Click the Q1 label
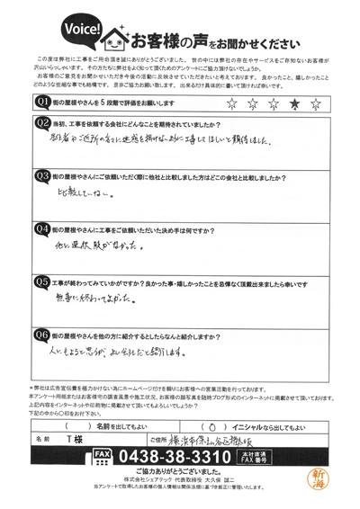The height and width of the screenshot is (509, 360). [41, 103]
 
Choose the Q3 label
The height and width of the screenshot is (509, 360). [41, 175]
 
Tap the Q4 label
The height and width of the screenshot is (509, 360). [41, 228]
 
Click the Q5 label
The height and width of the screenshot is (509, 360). [41, 281]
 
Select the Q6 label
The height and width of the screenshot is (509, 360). [41, 333]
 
